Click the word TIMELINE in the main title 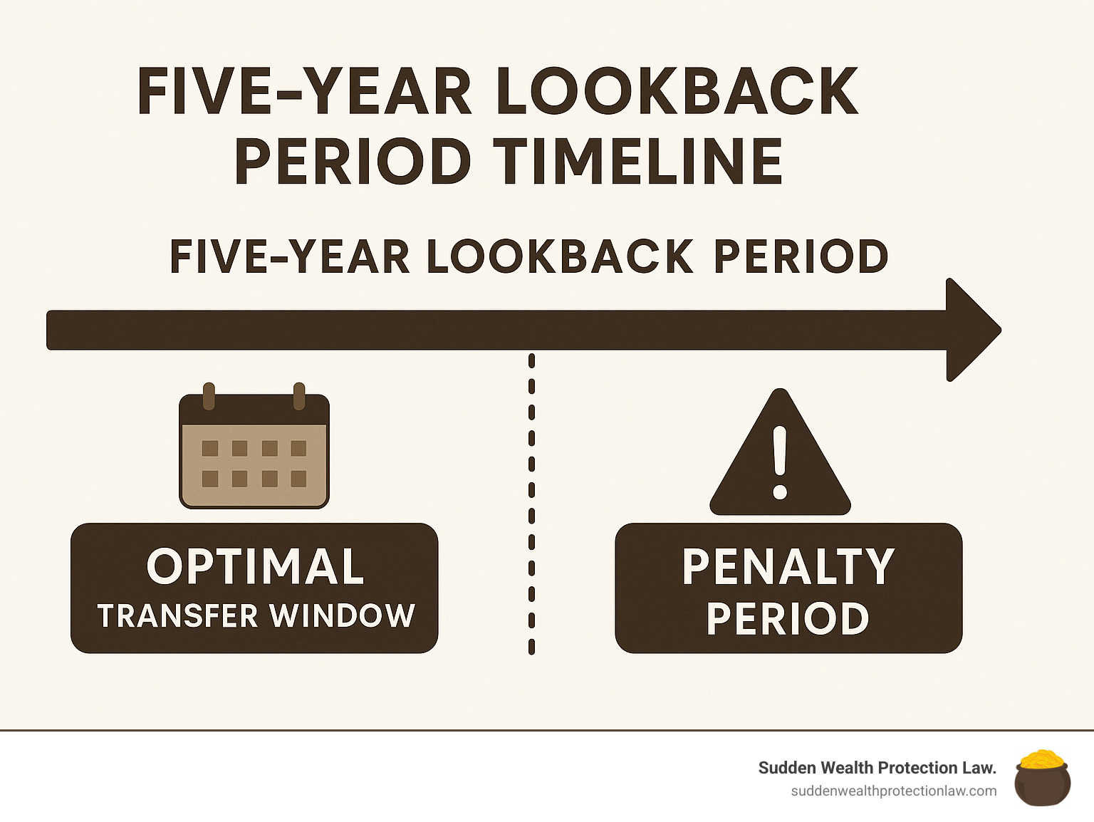coord(638,161)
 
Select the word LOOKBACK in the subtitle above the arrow coord(560,256)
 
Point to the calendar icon coord(254,446)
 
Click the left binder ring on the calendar coord(209,396)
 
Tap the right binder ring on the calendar coord(299,396)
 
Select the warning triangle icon coord(780,452)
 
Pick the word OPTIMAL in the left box coord(255,566)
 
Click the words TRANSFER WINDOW coord(256,615)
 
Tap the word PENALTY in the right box coord(788,566)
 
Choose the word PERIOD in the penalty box coord(788,618)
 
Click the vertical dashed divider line coord(531,504)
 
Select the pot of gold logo coord(1042,778)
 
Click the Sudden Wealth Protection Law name coord(877,768)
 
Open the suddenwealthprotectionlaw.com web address coord(894,791)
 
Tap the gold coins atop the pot coord(1042,758)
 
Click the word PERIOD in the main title coord(353,161)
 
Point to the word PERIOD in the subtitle coord(801,256)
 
